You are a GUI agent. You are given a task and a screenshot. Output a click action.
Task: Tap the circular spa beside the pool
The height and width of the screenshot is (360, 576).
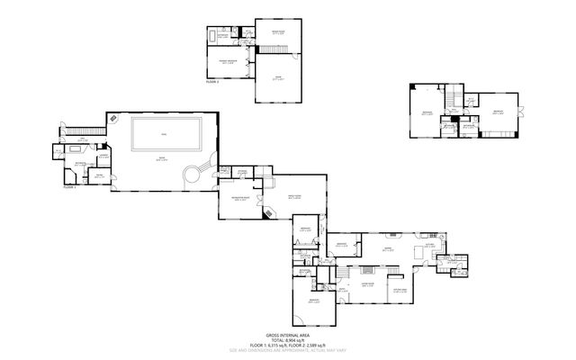pyautogui.click(x=191, y=175)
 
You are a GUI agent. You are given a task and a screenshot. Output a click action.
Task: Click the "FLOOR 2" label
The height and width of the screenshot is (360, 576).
pyautogui.click(x=212, y=81)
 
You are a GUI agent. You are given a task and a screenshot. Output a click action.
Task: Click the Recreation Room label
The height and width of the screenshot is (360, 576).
pyautogui.click(x=240, y=197)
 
